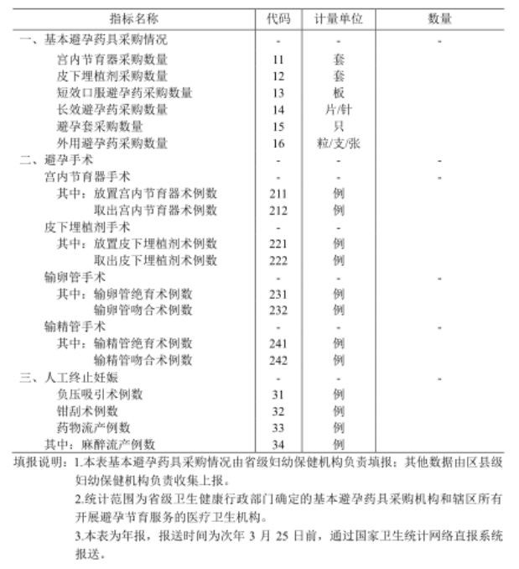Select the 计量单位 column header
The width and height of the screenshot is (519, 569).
tap(338, 18)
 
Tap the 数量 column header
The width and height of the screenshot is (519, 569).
tap(439, 18)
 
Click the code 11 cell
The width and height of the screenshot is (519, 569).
tap(278, 60)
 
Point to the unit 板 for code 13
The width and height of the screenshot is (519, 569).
tap(338, 93)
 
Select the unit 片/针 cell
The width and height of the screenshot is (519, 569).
tap(338, 110)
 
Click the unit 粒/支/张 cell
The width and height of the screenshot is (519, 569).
tap(338, 144)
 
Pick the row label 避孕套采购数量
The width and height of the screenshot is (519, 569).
tap(100, 127)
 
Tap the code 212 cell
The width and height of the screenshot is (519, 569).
tap(278, 210)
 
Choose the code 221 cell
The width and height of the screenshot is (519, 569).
tap(278, 243)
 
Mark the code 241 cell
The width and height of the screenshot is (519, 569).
tap(278, 343)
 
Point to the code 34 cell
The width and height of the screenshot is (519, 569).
tap(278, 444)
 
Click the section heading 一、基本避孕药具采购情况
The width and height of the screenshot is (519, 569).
tap(94, 40)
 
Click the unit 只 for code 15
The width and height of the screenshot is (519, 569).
tap(338, 127)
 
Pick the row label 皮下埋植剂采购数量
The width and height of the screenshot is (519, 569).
tap(112, 76)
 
